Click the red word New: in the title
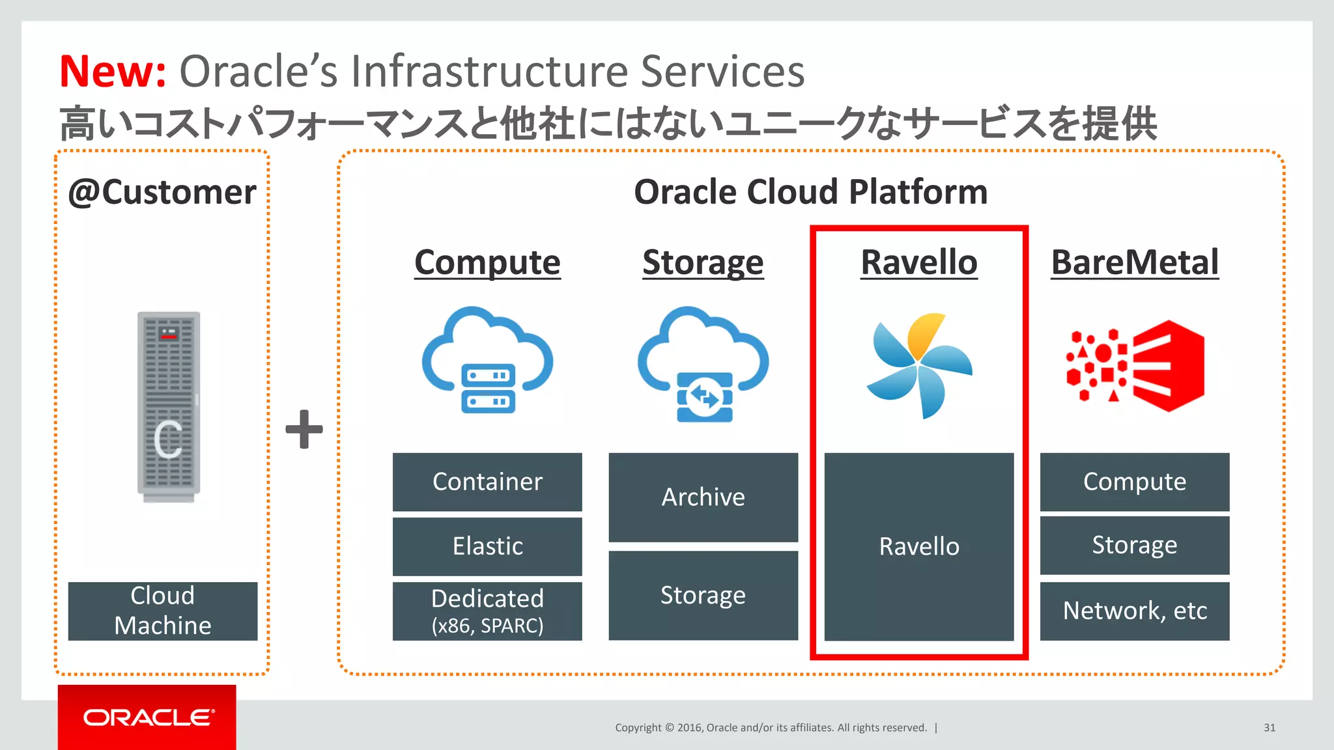[x=112, y=71]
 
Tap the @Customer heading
[x=162, y=192]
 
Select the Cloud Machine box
[x=163, y=611]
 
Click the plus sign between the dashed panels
[x=304, y=429]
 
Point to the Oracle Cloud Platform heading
[x=810, y=192]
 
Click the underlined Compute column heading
[x=487, y=262]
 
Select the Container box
[x=487, y=482]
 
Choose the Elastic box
[x=487, y=546]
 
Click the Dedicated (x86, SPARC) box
[x=487, y=611]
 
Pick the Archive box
[x=703, y=497]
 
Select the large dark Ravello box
[x=919, y=546]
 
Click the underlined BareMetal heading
[x=1135, y=262]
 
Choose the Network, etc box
[x=1135, y=611]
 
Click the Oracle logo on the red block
[x=148, y=717]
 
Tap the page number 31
[x=1269, y=728]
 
